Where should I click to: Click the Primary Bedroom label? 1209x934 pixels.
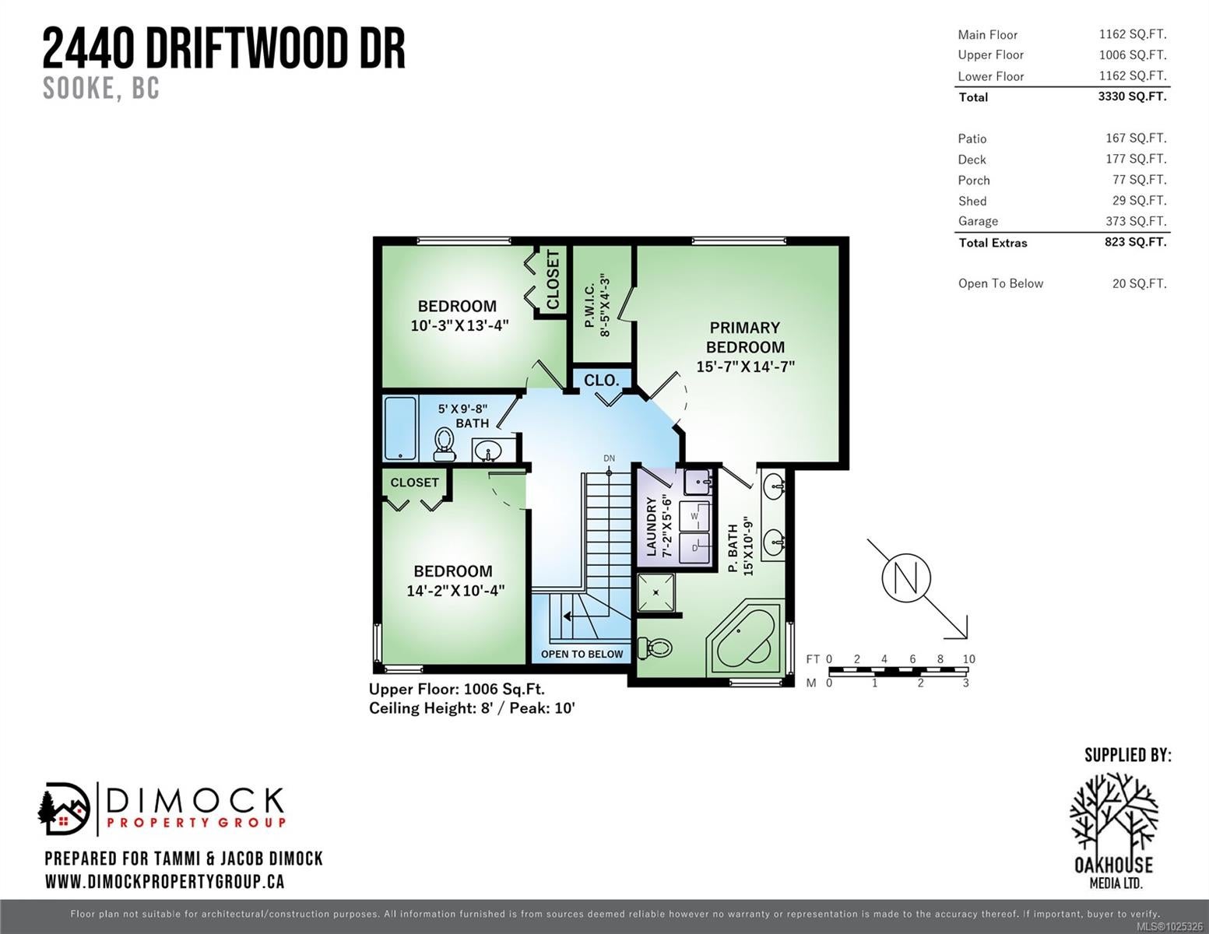click(x=745, y=337)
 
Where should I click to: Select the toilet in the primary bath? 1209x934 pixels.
click(x=655, y=648)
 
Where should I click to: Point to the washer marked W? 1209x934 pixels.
click(x=694, y=516)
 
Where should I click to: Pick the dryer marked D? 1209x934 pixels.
click(x=694, y=548)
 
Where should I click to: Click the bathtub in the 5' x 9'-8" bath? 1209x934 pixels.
click(x=400, y=428)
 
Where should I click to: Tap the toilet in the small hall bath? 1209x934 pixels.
click(x=444, y=444)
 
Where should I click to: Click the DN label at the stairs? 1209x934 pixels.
click(x=610, y=458)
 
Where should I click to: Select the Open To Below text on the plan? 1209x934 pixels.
click(x=582, y=655)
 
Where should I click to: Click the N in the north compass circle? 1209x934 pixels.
click(x=905, y=578)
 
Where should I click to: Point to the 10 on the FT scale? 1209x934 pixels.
click(x=968, y=658)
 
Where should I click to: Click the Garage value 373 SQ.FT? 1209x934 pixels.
click(x=1136, y=221)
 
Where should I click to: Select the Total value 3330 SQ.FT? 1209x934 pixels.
click(x=1132, y=97)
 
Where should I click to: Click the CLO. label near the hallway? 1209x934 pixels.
click(x=602, y=381)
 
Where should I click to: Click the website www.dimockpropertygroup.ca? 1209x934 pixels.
click(x=165, y=882)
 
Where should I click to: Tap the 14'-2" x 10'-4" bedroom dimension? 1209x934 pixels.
click(x=455, y=590)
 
